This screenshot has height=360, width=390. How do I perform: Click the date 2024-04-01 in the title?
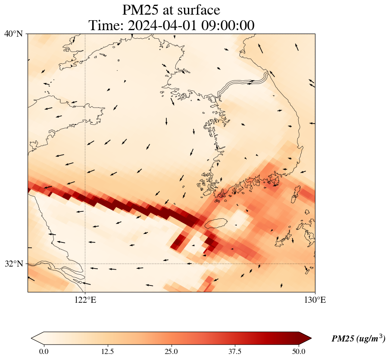[x=162, y=25]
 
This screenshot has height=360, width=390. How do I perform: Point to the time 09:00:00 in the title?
[x=226, y=25]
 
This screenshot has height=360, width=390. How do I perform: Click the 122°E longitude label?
[x=85, y=300]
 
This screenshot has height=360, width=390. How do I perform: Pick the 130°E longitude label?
[x=315, y=300]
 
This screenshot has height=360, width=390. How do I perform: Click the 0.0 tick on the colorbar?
[x=44, y=351]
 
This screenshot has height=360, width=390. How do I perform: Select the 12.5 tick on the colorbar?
[x=107, y=351]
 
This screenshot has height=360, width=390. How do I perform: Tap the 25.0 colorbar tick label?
[x=171, y=351]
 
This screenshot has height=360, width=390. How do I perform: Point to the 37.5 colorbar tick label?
[x=235, y=351]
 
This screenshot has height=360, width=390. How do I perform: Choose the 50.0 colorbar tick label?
[x=299, y=351]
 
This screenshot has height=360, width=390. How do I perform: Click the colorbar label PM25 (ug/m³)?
[x=358, y=339]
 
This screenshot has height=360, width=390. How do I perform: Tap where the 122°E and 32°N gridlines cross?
[x=85, y=264]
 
